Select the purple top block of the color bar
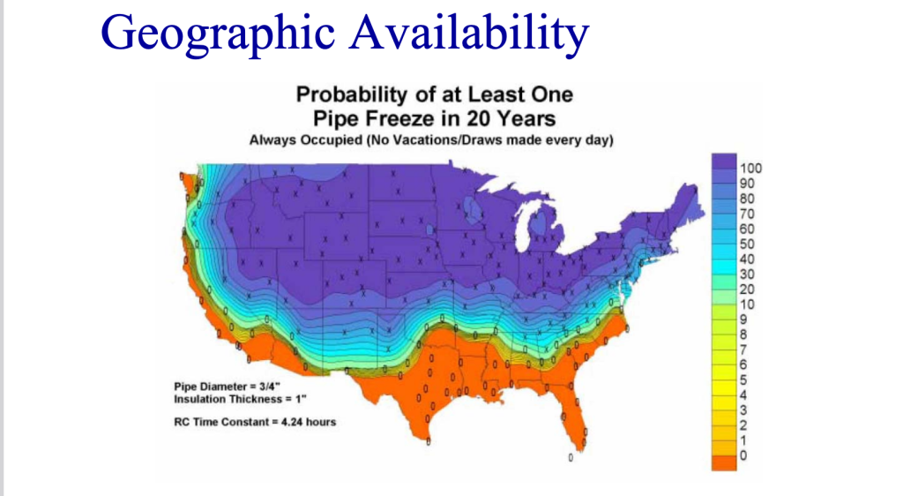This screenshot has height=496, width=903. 725,168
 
